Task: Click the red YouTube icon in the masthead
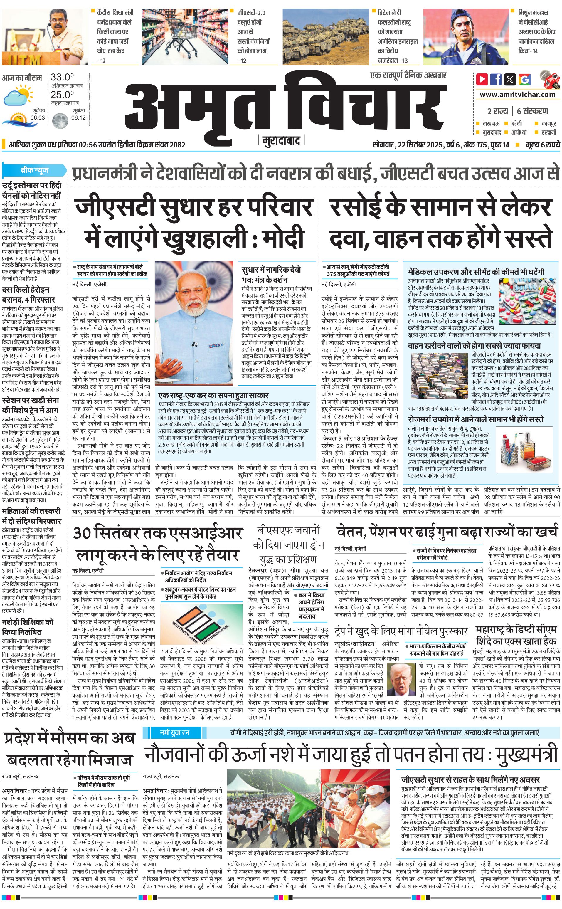click(482, 79)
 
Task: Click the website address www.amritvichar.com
click(517, 95)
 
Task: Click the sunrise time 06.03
click(38, 117)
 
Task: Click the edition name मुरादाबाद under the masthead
click(281, 141)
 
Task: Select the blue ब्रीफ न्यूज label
click(35, 171)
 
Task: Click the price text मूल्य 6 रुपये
click(542, 145)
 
